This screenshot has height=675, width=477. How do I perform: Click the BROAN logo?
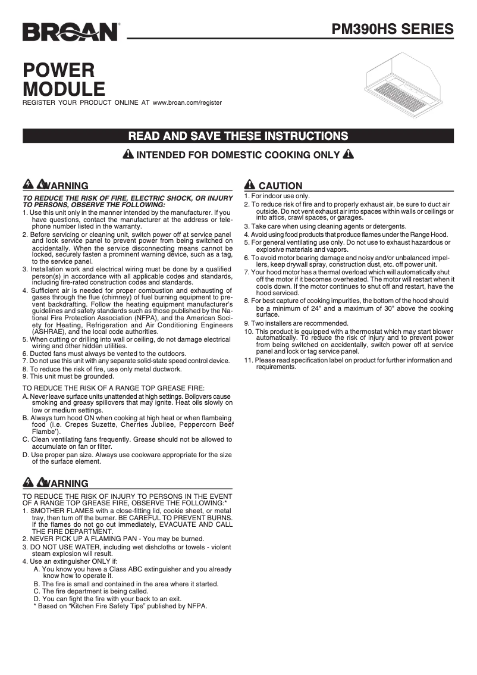pyautogui.click(x=70, y=32)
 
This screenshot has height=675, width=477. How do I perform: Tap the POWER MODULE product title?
pyautogui.click(x=64, y=79)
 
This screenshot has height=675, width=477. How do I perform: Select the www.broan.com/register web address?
pyautogui.click(x=187, y=102)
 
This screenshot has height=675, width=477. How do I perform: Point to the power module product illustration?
pyautogui.click(x=405, y=83)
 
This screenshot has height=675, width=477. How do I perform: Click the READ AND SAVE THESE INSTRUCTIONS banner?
pyautogui.click(x=238, y=136)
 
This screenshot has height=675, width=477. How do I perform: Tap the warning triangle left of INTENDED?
pyautogui.click(x=128, y=155)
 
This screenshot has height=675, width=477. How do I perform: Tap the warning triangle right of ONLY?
pyautogui.click(x=349, y=155)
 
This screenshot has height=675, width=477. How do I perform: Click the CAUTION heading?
pyautogui.click(x=280, y=186)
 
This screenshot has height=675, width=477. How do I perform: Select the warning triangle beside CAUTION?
pyautogui.click(x=249, y=185)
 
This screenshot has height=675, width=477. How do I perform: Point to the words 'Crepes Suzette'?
pyautogui.click(x=92, y=425)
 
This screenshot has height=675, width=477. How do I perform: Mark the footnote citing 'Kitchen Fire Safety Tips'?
pyautogui.click(x=122, y=607)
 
